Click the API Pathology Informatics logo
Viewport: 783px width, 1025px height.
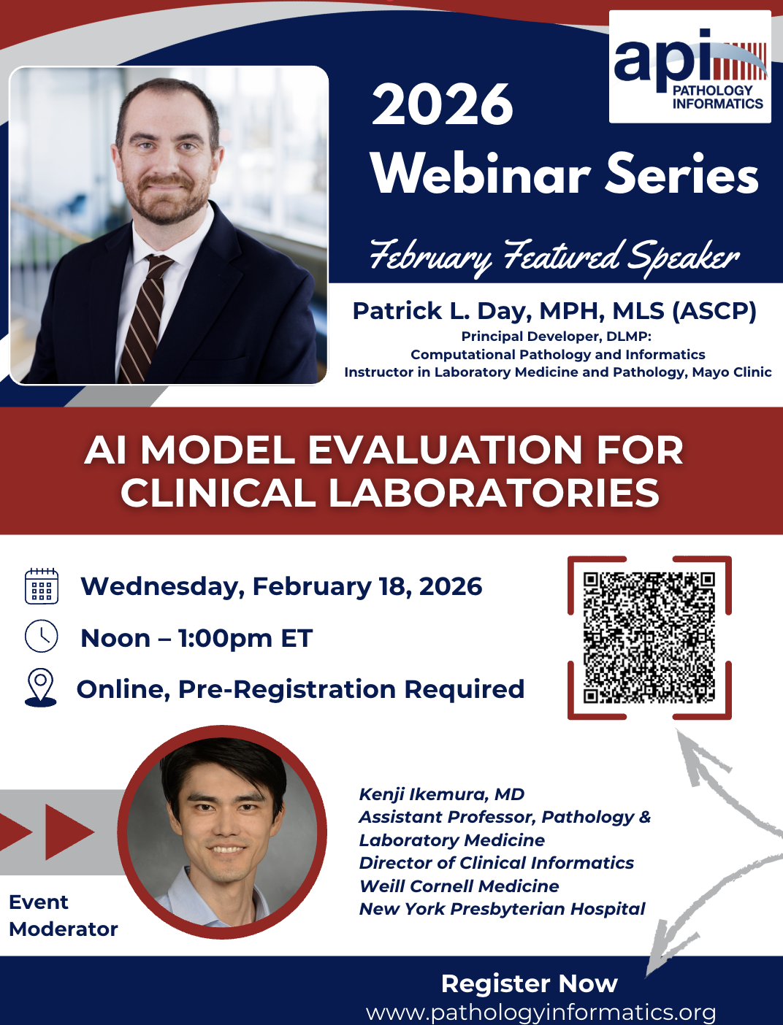690,66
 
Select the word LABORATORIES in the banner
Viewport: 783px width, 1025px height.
494,493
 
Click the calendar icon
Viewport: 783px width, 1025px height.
42,586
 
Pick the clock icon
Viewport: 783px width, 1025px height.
42,636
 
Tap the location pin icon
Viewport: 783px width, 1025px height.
41,688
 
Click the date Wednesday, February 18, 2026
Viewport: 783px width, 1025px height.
281,586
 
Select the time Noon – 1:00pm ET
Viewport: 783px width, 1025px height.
196,638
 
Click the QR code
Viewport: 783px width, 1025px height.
649,637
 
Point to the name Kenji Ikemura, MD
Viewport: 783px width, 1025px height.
441,794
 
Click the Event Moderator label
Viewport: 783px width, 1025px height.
63,915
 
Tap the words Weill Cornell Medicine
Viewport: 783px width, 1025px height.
459,886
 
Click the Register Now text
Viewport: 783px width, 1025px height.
530,983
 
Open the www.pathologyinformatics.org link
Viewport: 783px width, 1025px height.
541,1013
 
